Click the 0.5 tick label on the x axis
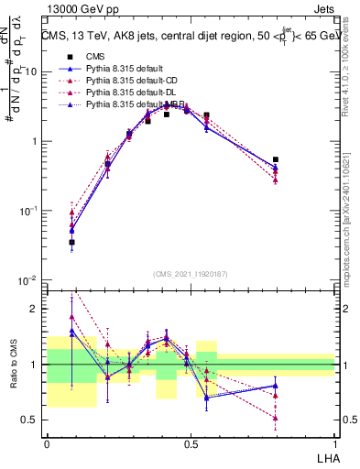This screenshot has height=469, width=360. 191,442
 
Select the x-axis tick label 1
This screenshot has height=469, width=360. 334,442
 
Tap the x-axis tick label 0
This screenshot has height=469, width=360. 47,442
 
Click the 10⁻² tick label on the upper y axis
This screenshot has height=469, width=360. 29,279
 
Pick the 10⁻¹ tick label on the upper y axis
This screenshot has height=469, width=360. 29,211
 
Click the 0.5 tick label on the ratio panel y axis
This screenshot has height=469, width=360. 32,420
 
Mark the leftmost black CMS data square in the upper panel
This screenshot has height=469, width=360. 71,243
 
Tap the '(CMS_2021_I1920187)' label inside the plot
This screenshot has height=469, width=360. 191,274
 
